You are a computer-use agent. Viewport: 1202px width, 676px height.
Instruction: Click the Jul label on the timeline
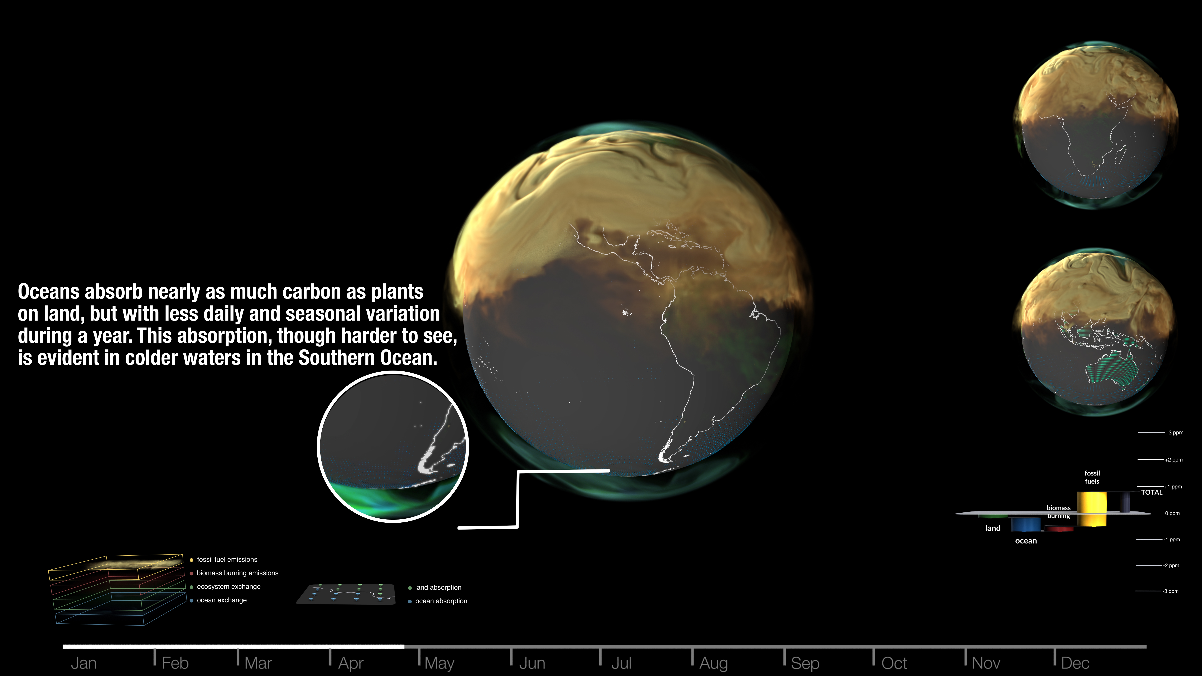621,663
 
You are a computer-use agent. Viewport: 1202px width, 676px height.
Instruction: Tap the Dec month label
1075,663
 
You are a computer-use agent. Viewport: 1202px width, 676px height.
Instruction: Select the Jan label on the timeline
83,663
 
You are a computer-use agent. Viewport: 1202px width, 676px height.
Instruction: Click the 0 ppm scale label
1172,513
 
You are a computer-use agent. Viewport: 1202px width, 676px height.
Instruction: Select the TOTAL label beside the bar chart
1152,492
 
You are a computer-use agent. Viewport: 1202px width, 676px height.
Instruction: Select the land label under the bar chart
992,528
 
